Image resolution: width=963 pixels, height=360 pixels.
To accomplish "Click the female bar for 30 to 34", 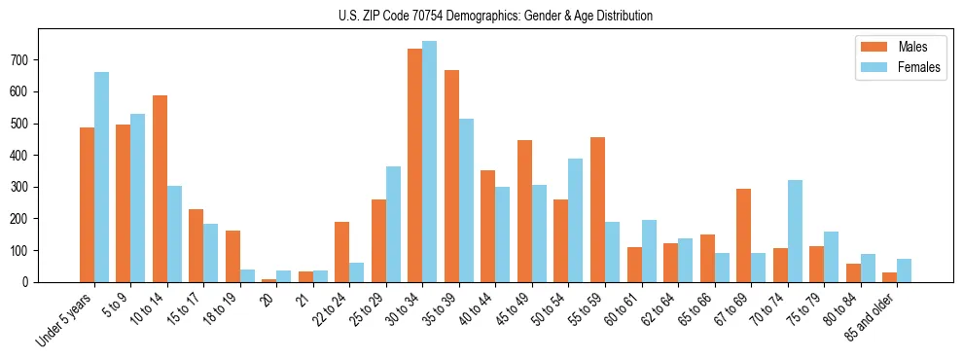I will point(429,162).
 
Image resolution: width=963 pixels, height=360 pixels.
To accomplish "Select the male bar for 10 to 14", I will point(160,189).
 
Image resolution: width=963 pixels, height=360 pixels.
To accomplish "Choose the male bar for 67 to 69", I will point(743,235).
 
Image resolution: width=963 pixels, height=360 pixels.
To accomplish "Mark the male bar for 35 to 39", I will point(451,176).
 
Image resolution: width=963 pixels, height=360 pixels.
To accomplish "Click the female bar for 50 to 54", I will point(575,221).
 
